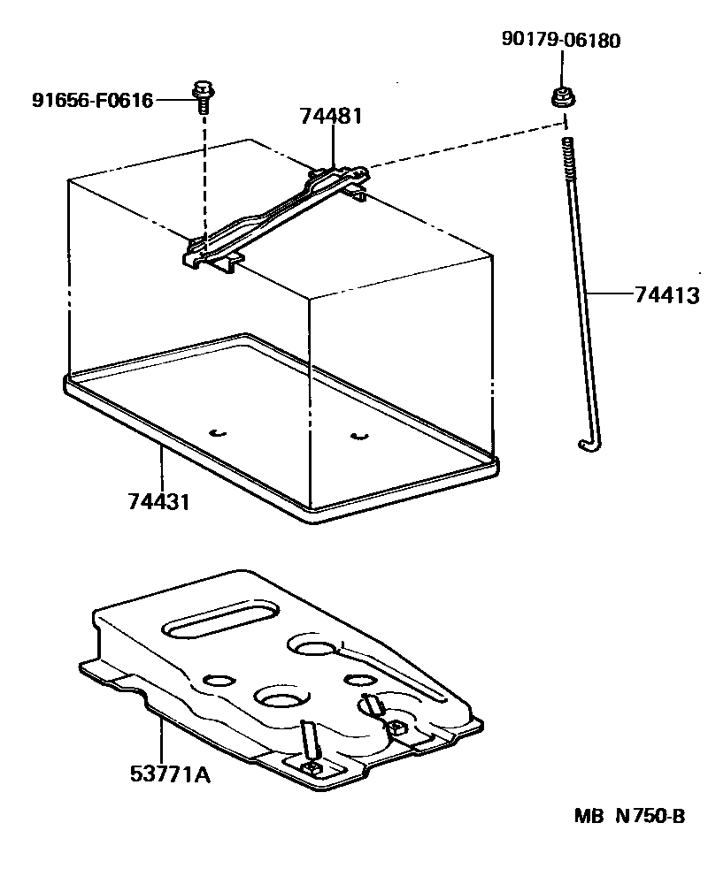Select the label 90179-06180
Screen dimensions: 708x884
point(561,40)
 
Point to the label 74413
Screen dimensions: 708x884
point(666,295)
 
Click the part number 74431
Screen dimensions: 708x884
point(159,502)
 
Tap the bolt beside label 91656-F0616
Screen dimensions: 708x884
point(203,95)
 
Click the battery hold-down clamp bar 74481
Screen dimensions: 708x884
point(274,217)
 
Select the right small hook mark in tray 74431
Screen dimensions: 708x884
point(358,435)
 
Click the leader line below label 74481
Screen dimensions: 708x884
point(332,146)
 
